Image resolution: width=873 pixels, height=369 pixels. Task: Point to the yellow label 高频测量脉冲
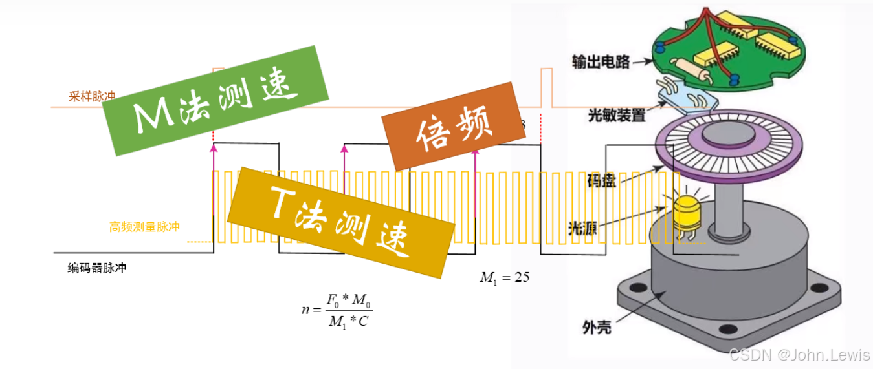coord(144,227)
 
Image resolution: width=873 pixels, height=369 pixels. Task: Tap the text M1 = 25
coord(505,277)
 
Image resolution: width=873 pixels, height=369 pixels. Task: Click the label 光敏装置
coord(616,116)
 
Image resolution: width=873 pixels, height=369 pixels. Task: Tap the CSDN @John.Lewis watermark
coord(799,354)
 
